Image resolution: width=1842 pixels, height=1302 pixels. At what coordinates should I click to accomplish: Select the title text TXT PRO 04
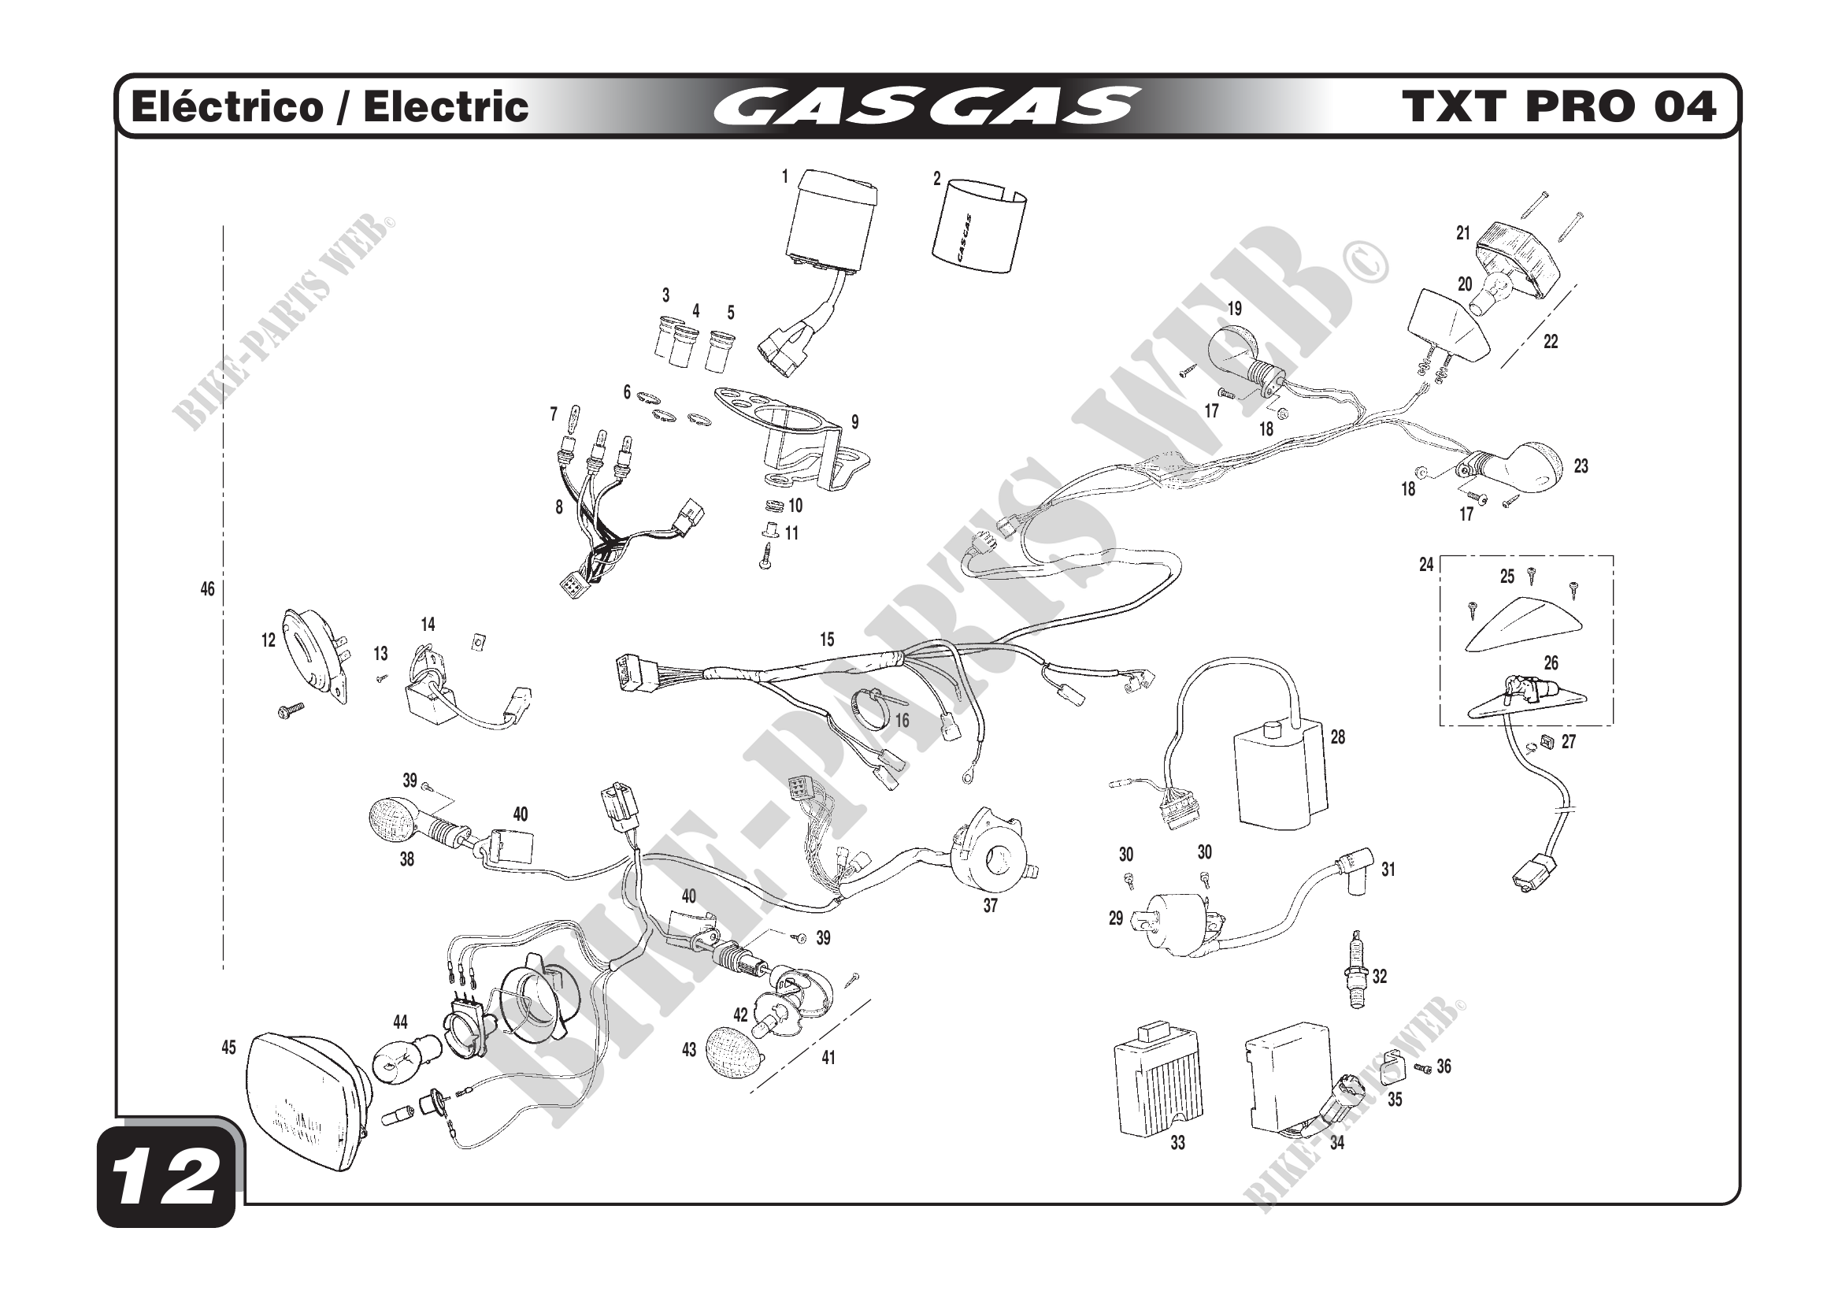(1558, 106)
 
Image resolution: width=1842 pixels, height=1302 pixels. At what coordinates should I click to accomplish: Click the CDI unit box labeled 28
(1279, 772)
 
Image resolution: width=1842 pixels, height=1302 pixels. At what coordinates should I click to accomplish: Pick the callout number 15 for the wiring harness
(826, 640)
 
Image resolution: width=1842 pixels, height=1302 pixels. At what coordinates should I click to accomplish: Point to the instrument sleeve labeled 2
(979, 228)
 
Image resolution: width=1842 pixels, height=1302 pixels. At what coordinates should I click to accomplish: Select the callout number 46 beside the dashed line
(207, 590)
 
